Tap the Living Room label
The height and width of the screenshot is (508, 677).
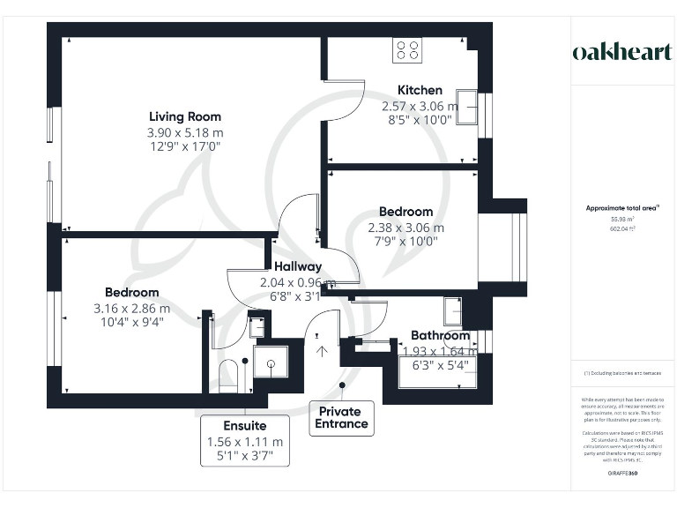click(x=185, y=116)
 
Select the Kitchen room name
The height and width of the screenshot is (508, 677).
click(x=420, y=90)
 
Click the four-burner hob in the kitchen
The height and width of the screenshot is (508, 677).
click(x=407, y=49)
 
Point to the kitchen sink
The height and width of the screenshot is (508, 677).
click(x=466, y=106)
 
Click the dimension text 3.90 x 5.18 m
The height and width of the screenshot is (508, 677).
click(x=185, y=132)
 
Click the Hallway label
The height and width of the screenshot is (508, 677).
click(x=297, y=266)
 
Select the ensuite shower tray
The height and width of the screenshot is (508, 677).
click(x=270, y=362)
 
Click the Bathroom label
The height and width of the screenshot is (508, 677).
click(x=440, y=336)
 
